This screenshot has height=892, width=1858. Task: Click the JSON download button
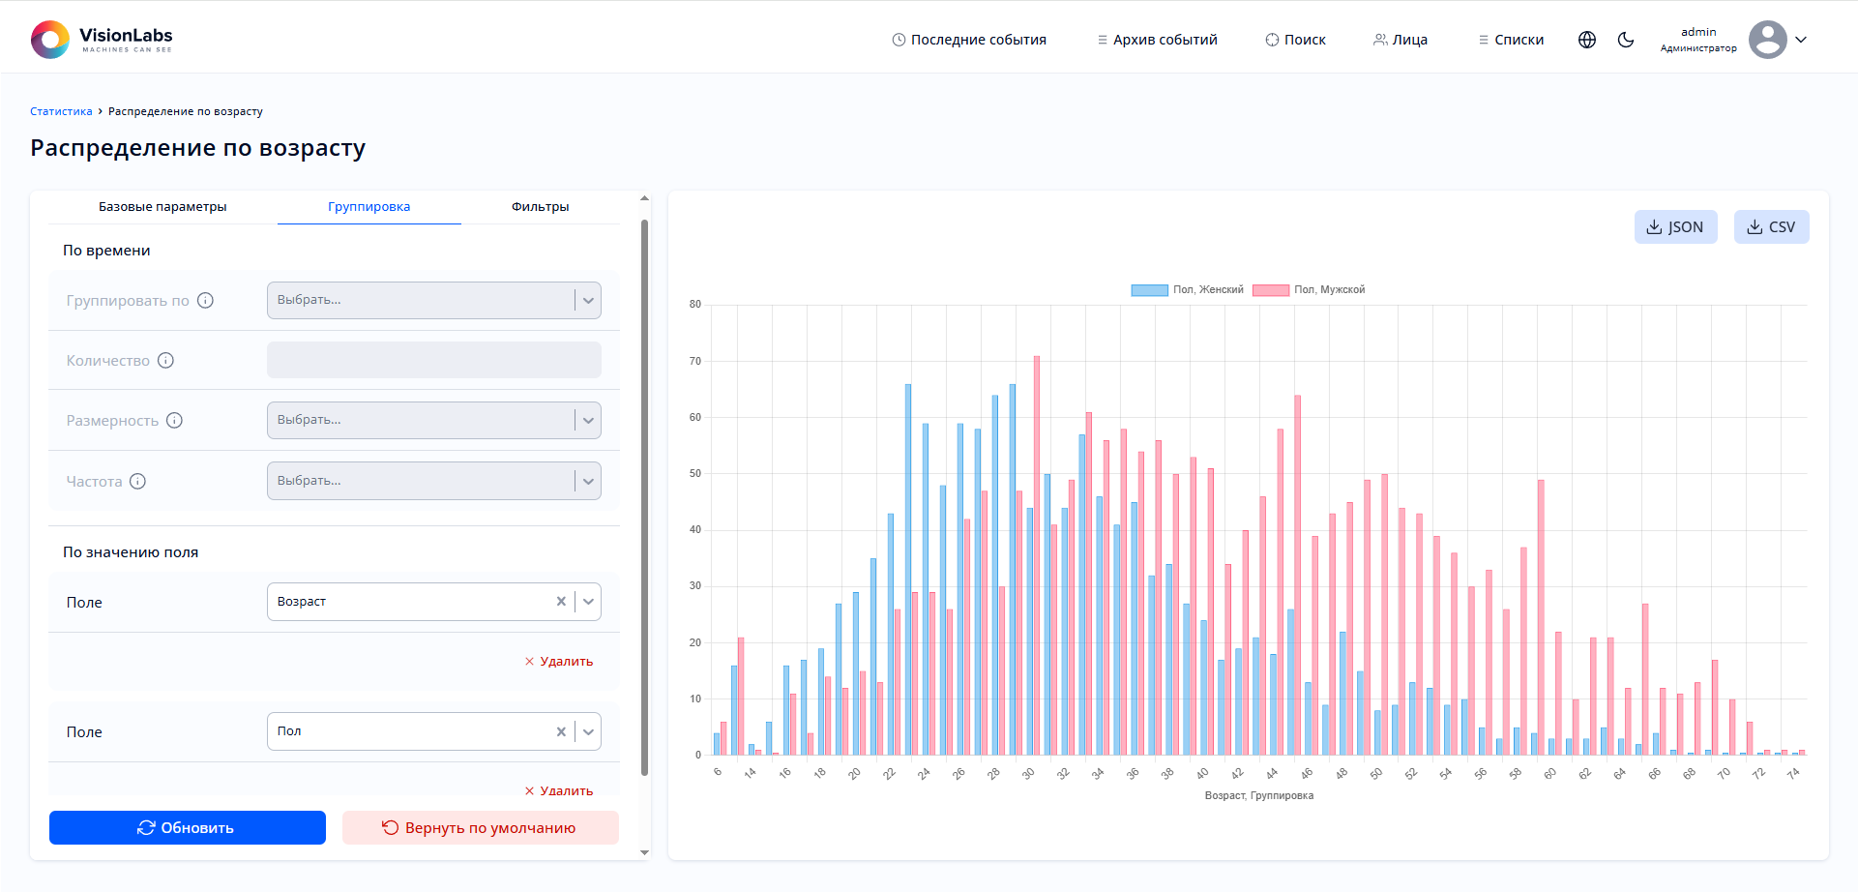[x=1675, y=227]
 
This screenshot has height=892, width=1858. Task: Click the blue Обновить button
[x=188, y=828]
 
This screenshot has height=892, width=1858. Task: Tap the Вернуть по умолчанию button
[x=480, y=828]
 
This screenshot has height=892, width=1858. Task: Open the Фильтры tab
[x=540, y=207]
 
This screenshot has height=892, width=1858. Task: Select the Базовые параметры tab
[x=162, y=207]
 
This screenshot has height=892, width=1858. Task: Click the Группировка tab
[x=369, y=207]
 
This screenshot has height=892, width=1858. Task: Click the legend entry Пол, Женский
[x=1188, y=290]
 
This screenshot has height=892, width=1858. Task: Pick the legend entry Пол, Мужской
[x=1310, y=290]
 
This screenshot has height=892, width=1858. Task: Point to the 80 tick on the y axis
[x=695, y=305]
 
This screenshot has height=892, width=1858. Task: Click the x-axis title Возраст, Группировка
[x=1258, y=796]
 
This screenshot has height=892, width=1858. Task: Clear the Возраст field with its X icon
[x=561, y=602]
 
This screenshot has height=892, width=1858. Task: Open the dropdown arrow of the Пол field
[x=588, y=732]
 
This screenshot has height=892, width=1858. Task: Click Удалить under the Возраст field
[x=559, y=662]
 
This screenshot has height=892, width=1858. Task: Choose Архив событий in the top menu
[x=1157, y=40]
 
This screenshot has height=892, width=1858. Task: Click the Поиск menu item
[x=1295, y=40]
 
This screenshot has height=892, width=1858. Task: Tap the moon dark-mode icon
[x=1626, y=40]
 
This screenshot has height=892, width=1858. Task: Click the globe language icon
[x=1587, y=40]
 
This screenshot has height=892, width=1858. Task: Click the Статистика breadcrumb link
[x=61, y=112]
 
